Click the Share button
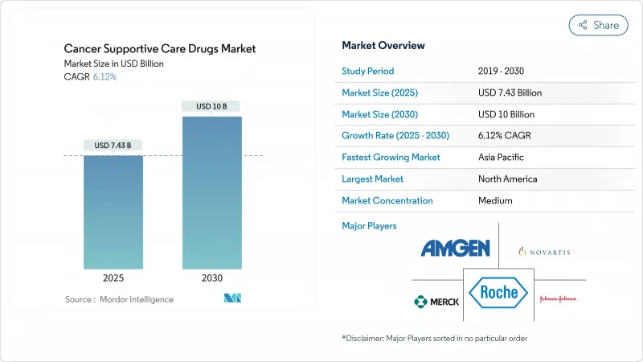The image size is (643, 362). pos(599,25)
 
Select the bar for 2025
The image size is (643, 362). pos(113,212)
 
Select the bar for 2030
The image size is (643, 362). pos(211,193)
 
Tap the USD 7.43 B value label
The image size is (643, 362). pos(113,146)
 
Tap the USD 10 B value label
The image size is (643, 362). pos(211,106)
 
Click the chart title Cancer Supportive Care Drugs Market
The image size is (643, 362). pos(161,48)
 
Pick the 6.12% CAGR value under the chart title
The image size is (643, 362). pos(104,76)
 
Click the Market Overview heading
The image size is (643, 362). pos(383,46)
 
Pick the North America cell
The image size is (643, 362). pos(507,179)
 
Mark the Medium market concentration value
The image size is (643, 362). pos(494,200)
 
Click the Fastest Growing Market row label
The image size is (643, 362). pos(391,157)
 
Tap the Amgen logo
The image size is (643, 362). pos(455,249)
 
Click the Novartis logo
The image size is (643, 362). pos(544,252)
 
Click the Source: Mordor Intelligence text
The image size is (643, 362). pos(119,299)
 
